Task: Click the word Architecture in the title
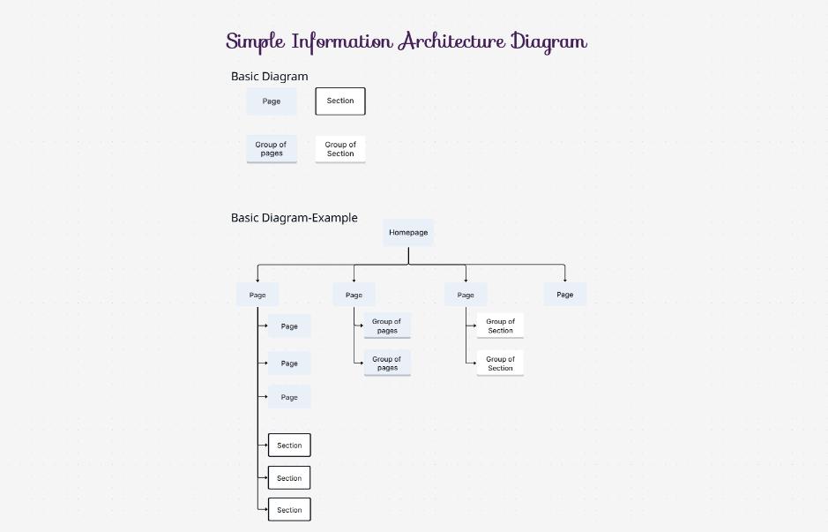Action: click(451, 41)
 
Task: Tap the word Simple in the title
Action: click(256, 41)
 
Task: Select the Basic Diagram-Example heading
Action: click(294, 218)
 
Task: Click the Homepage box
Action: click(408, 233)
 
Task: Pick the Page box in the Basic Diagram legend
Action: click(272, 101)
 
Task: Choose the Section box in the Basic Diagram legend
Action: click(340, 101)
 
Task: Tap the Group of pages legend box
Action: click(272, 149)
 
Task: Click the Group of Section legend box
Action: click(340, 149)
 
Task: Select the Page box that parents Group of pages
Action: click(354, 295)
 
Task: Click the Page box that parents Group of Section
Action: click(466, 295)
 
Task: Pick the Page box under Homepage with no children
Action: click(565, 295)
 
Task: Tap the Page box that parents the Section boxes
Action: click(257, 295)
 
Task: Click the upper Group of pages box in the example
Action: click(387, 326)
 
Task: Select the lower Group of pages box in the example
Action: click(387, 363)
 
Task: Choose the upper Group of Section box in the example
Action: click(500, 326)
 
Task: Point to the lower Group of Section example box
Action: click(500, 363)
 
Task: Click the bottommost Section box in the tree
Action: click(289, 510)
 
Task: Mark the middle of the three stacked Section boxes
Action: click(289, 478)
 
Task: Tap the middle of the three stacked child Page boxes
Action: click(289, 363)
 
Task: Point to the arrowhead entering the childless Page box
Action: click(565, 280)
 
